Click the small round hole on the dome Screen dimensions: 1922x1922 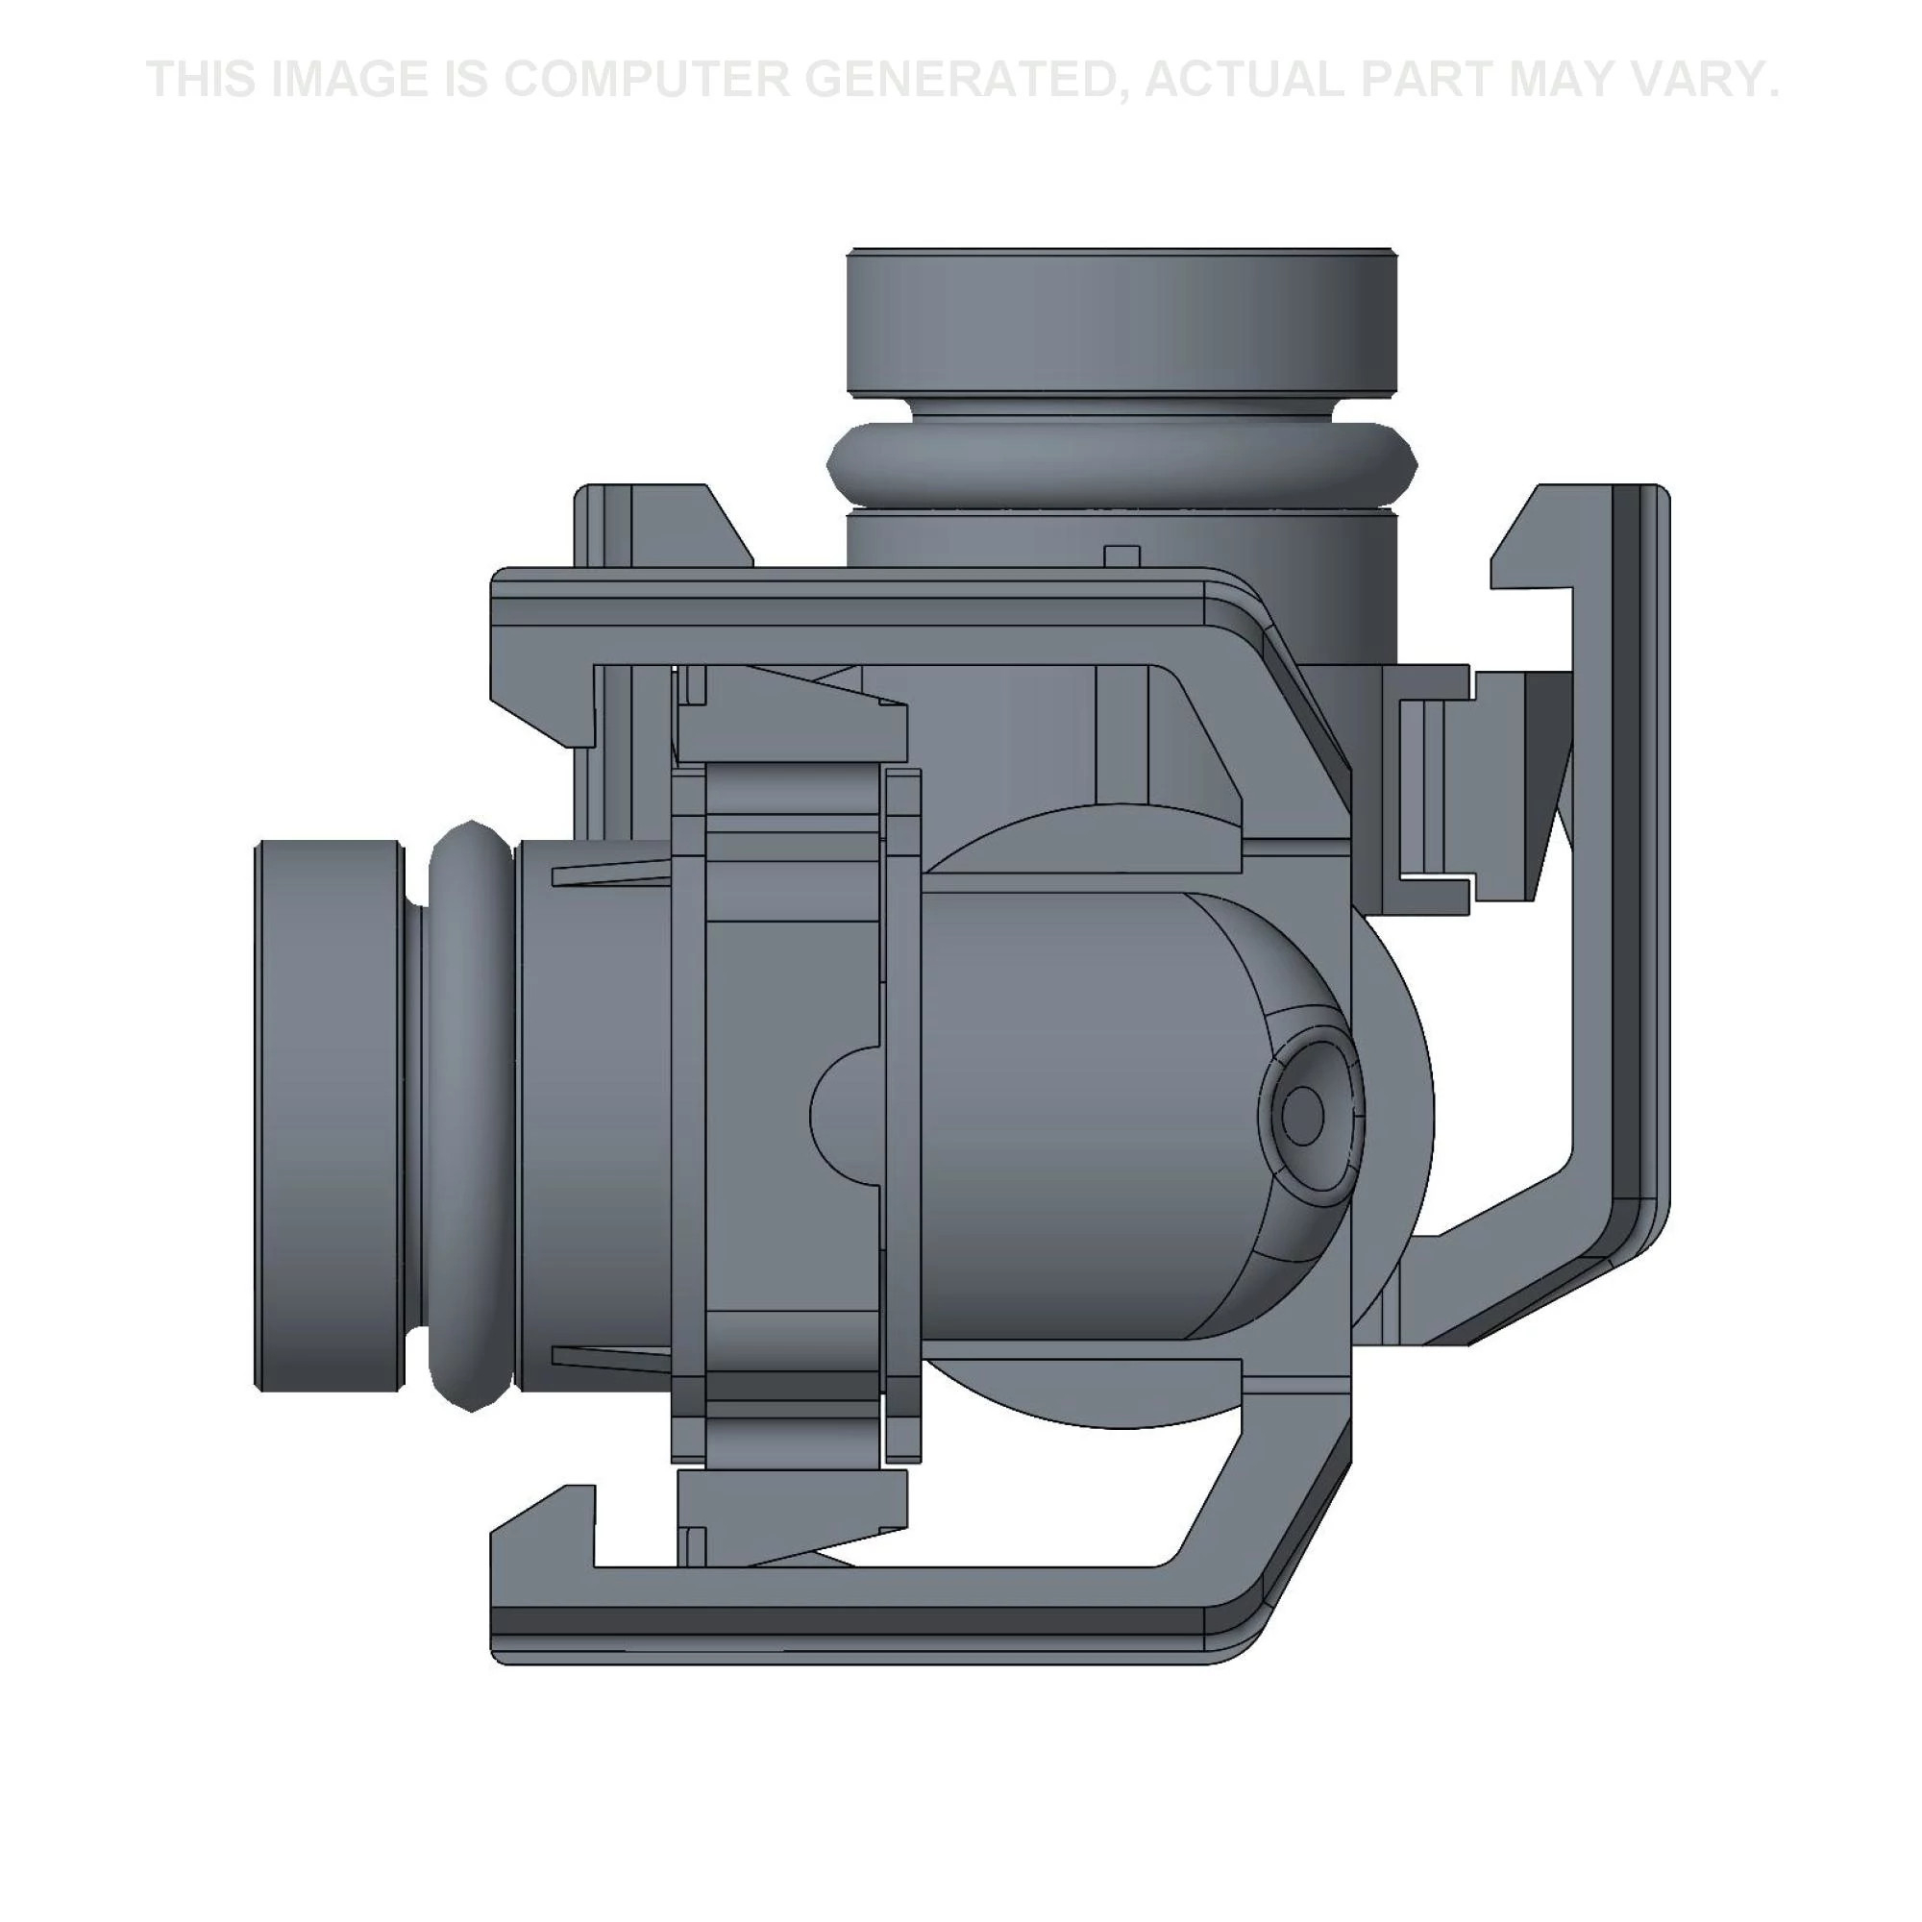[x=1302, y=1114]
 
